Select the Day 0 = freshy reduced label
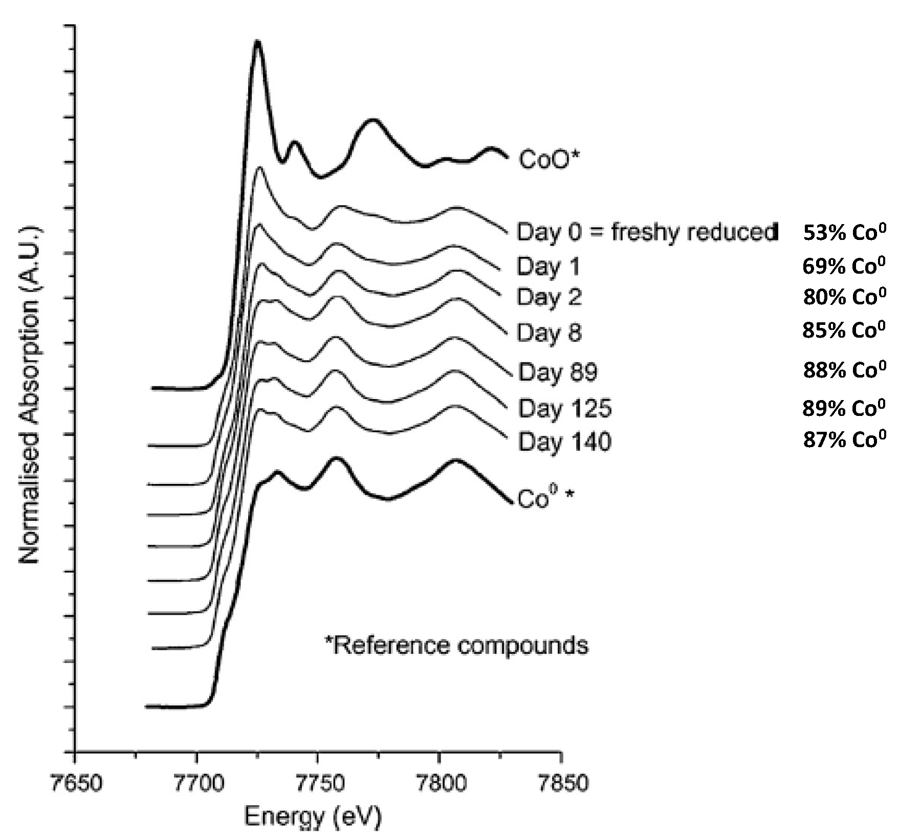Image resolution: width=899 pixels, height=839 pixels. click(647, 232)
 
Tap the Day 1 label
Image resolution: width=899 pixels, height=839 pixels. click(549, 267)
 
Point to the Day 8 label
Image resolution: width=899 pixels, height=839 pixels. click(549, 333)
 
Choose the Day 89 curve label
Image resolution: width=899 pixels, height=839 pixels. click(558, 372)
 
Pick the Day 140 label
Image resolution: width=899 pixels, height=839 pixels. click(564, 441)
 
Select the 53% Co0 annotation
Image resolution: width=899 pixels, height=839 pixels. click(844, 232)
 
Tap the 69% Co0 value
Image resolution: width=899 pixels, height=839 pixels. click(844, 266)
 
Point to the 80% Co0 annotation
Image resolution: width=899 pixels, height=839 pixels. click(844, 297)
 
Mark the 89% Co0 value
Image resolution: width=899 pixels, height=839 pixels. click(844, 408)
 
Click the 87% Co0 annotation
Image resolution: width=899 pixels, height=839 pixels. click(844, 439)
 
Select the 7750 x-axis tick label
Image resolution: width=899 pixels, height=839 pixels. click(318, 783)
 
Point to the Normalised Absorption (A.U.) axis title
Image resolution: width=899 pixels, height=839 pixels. click(30, 394)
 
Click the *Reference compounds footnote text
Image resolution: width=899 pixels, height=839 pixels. click(457, 645)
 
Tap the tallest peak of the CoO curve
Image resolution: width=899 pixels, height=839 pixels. click(257, 43)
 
